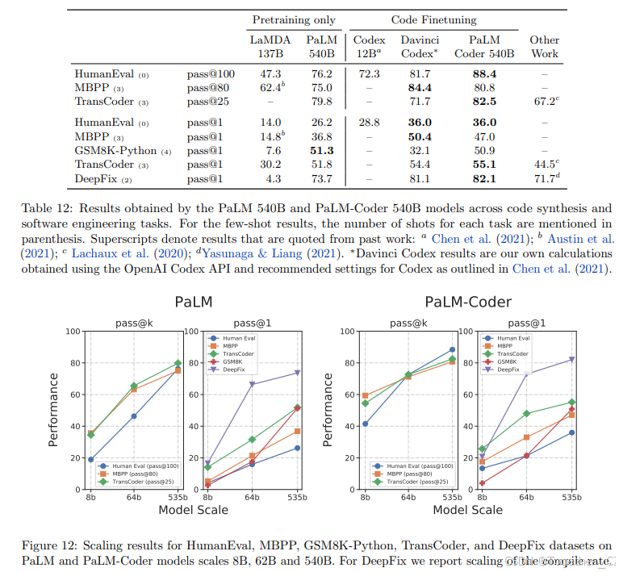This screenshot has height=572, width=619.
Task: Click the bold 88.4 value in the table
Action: tap(484, 73)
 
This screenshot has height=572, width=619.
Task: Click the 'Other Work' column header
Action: tap(544, 46)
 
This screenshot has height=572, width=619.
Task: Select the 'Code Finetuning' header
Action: tap(433, 19)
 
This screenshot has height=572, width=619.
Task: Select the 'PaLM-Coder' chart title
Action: tap(468, 302)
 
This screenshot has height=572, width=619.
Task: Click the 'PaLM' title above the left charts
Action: tap(193, 302)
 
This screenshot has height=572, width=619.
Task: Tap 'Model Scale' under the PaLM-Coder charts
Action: tap(468, 510)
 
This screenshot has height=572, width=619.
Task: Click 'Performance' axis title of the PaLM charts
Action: tap(53, 409)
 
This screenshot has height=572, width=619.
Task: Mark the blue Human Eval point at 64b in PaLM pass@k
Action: tap(134, 416)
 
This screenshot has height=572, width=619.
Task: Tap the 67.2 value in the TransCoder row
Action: tap(543, 102)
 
